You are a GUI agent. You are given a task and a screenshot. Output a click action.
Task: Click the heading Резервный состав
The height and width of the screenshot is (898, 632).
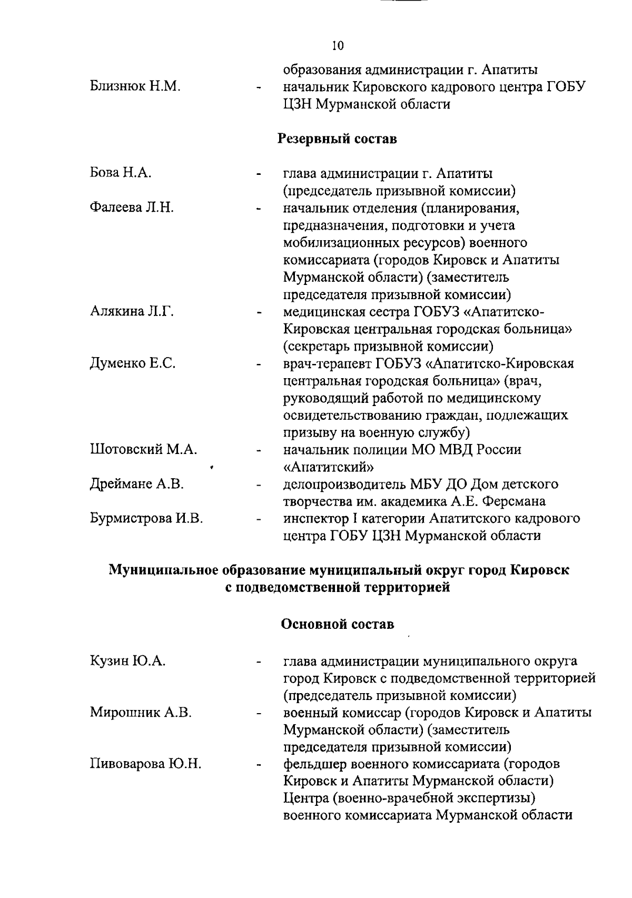(337, 139)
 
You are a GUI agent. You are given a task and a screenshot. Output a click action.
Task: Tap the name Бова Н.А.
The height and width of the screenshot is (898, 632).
(121, 173)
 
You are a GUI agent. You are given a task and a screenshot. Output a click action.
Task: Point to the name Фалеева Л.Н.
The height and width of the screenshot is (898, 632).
(132, 208)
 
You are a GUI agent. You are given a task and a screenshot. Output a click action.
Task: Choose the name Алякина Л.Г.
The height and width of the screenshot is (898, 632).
(132, 311)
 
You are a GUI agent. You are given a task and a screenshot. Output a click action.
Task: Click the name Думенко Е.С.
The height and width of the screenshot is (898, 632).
(132, 363)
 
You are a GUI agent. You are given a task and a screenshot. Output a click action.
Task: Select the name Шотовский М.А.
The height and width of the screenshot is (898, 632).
(143, 450)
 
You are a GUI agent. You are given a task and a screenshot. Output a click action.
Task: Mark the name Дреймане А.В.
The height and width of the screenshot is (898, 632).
(136, 484)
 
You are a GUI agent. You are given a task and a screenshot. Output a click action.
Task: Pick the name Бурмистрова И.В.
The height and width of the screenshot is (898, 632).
(146, 519)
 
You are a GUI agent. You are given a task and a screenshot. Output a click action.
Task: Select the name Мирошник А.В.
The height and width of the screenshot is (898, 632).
(141, 713)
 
